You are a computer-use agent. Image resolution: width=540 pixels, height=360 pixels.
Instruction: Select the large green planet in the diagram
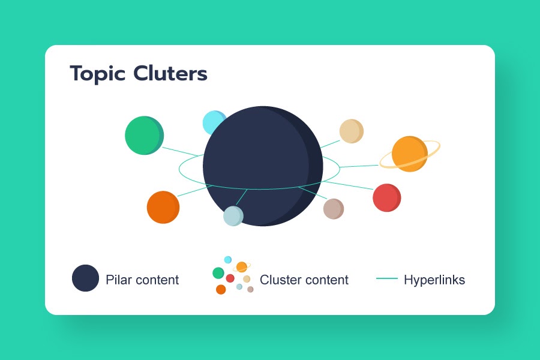pyautogui.click(x=143, y=135)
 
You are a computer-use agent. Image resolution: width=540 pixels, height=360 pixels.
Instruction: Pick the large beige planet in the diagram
pyautogui.click(x=351, y=131)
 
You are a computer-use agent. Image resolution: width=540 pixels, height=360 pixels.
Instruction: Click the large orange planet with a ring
pyautogui.click(x=409, y=154)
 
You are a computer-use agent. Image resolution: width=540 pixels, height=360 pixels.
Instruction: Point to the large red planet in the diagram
pyautogui.click(x=386, y=198)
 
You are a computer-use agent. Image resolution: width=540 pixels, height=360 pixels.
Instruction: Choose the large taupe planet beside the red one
pyautogui.click(x=333, y=209)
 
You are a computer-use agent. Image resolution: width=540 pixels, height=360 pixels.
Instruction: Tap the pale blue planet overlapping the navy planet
pyautogui.click(x=233, y=216)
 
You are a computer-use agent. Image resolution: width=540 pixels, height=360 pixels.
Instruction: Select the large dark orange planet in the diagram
pyautogui.click(x=163, y=207)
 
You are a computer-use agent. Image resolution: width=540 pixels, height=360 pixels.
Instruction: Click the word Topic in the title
pyautogui.click(x=97, y=74)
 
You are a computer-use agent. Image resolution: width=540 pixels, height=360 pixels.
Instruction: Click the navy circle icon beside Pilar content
pyautogui.click(x=85, y=278)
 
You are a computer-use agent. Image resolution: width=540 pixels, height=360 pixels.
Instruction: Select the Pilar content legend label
pyautogui.click(x=142, y=280)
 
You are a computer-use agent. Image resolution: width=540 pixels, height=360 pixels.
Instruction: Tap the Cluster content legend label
pyautogui.click(x=304, y=280)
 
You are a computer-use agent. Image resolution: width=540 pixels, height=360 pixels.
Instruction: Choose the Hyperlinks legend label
pyautogui.click(x=434, y=280)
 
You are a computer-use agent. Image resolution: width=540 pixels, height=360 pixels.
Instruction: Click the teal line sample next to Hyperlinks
pyautogui.click(x=387, y=279)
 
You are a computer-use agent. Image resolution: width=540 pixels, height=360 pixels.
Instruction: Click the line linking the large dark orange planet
pyautogui.click(x=192, y=191)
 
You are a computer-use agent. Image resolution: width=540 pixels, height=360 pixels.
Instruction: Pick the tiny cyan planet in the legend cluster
pyautogui.click(x=228, y=260)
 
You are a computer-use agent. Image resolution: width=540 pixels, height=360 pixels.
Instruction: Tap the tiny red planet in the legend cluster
pyautogui.click(x=230, y=278)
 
